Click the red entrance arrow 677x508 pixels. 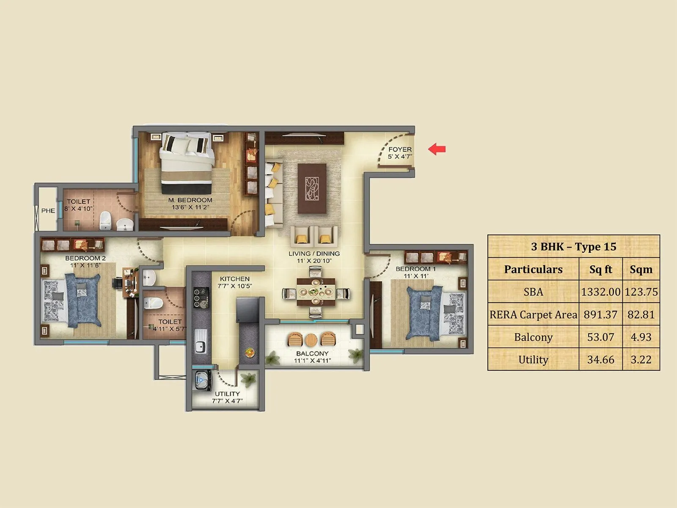pyautogui.click(x=437, y=149)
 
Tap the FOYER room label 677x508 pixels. pyautogui.click(x=400, y=149)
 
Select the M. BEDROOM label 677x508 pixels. pyautogui.click(x=190, y=200)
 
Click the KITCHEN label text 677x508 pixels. pyautogui.click(x=235, y=279)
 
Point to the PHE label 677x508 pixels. pyautogui.click(x=48, y=210)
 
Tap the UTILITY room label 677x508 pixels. pyautogui.click(x=227, y=394)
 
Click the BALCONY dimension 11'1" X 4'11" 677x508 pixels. pyautogui.click(x=312, y=361)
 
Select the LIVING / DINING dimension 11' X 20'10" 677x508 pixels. pyautogui.click(x=314, y=261)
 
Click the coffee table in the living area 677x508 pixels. pyautogui.click(x=312, y=188)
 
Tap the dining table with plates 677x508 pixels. pyautogui.click(x=316, y=292)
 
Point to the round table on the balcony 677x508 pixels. pyautogui.click(x=311, y=340)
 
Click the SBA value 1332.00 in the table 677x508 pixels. pyautogui.click(x=600, y=292)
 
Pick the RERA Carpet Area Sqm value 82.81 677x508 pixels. pyautogui.click(x=641, y=315)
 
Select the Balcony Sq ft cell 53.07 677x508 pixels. pyautogui.click(x=600, y=337)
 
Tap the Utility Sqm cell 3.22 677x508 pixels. pyautogui.click(x=641, y=360)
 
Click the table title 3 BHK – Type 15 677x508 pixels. pyautogui.click(x=573, y=246)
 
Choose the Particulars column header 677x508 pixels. pyautogui.click(x=533, y=269)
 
